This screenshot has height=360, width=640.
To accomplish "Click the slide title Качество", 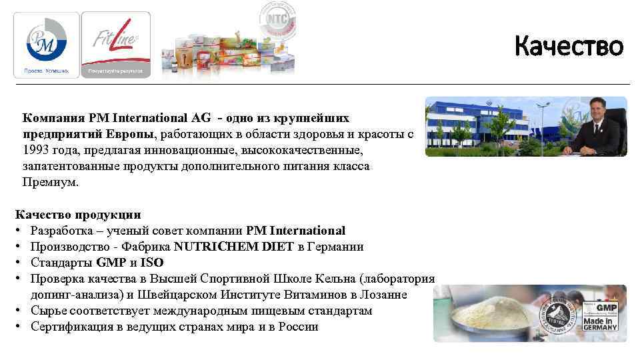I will click(x=569, y=47).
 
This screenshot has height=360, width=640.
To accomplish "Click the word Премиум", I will click(x=50, y=182).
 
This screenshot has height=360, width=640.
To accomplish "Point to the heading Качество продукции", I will click(x=78, y=215).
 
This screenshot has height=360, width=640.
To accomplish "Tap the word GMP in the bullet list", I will click(x=111, y=263).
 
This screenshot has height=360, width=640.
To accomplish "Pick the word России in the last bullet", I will click(x=298, y=327).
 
